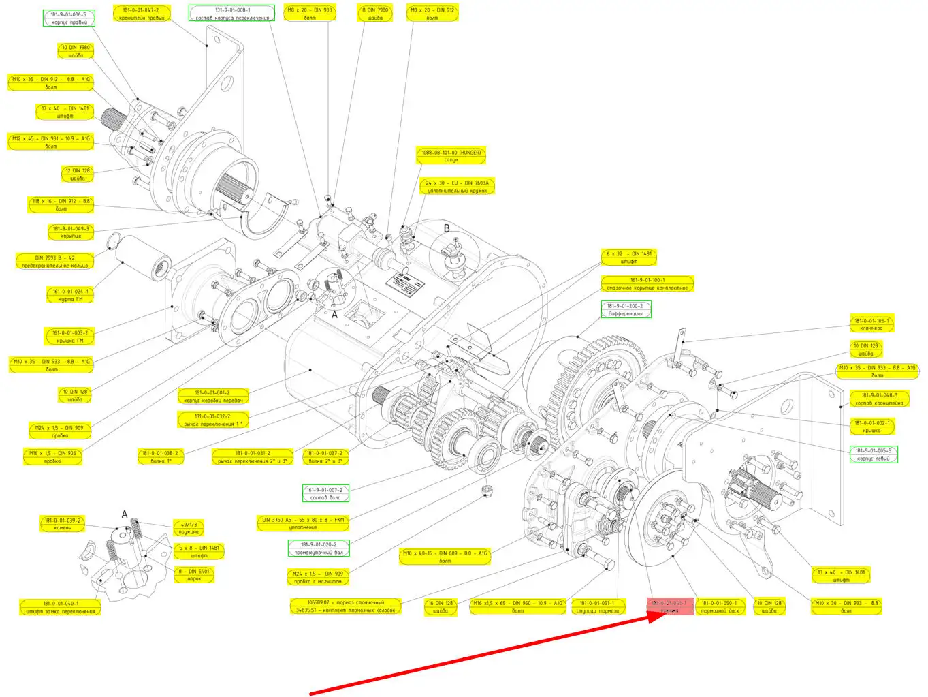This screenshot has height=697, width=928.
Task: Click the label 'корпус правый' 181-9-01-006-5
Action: pyautogui.click(x=69, y=18)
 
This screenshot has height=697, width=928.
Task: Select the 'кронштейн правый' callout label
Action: pyautogui.click(x=141, y=14)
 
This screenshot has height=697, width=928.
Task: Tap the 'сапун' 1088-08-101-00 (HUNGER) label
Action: pyautogui.click(x=451, y=156)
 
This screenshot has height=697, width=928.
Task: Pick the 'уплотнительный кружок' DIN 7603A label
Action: pyautogui.click(x=457, y=187)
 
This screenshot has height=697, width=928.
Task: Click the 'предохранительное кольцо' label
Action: pyautogui.click(x=54, y=262)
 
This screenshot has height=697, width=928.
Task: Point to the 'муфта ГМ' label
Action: pyautogui.click(x=70, y=295)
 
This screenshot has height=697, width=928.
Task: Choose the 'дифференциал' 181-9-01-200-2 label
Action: pyautogui.click(x=625, y=310)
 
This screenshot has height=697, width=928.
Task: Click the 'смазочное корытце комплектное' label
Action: pyautogui.click(x=647, y=284)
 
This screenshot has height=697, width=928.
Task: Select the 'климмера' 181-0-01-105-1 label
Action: pyautogui.click(x=871, y=324)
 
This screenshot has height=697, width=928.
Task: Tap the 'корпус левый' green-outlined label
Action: pyautogui.click(x=873, y=454)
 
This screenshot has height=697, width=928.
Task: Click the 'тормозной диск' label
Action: pyautogui.click(x=719, y=607)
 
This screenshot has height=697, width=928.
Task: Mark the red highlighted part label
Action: pyautogui.click(x=669, y=607)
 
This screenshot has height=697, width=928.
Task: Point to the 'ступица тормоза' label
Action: pyautogui.click(x=597, y=607)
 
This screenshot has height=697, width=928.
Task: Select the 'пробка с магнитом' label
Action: pyautogui.click(x=318, y=578)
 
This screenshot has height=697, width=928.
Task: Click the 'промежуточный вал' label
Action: pyautogui.click(x=319, y=548)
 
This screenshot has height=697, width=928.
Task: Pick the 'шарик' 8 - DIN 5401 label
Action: pyautogui.click(x=194, y=575)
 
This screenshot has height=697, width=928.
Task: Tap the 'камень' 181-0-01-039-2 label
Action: pyautogui.click(x=63, y=524)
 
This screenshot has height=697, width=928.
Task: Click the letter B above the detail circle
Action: pyautogui.click(x=447, y=228)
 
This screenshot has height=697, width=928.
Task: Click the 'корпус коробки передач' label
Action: pyautogui.click(x=212, y=397)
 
